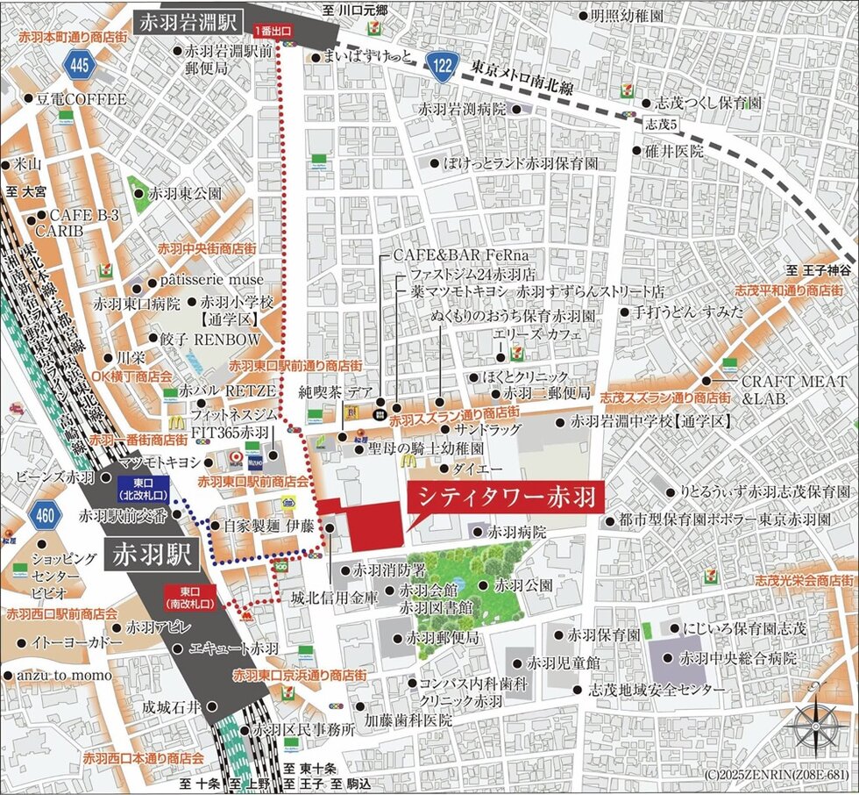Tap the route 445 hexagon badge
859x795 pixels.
(79, 62)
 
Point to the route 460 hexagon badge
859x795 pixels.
(44, 515)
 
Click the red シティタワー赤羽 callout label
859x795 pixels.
(506, 498)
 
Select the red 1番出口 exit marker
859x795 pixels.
(273, 32)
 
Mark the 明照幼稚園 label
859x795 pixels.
(626, 16)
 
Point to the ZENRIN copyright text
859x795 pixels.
(776, 775)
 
